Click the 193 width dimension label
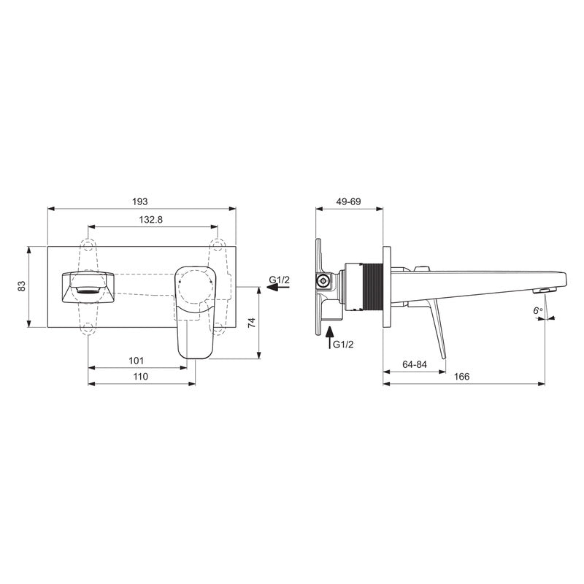tap(141, 201)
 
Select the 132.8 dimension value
tap(150, 220)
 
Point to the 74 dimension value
tap(252, 323)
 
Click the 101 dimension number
tap(136, 361)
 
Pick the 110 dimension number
tap(141, 377)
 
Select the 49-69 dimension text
tap(348, 201)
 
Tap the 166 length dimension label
tap(461, 377)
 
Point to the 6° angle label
tap(538, 311)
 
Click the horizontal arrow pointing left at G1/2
tap(273, 288)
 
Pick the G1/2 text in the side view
tap(344, 345)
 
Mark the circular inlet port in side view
tap(320, 280)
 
